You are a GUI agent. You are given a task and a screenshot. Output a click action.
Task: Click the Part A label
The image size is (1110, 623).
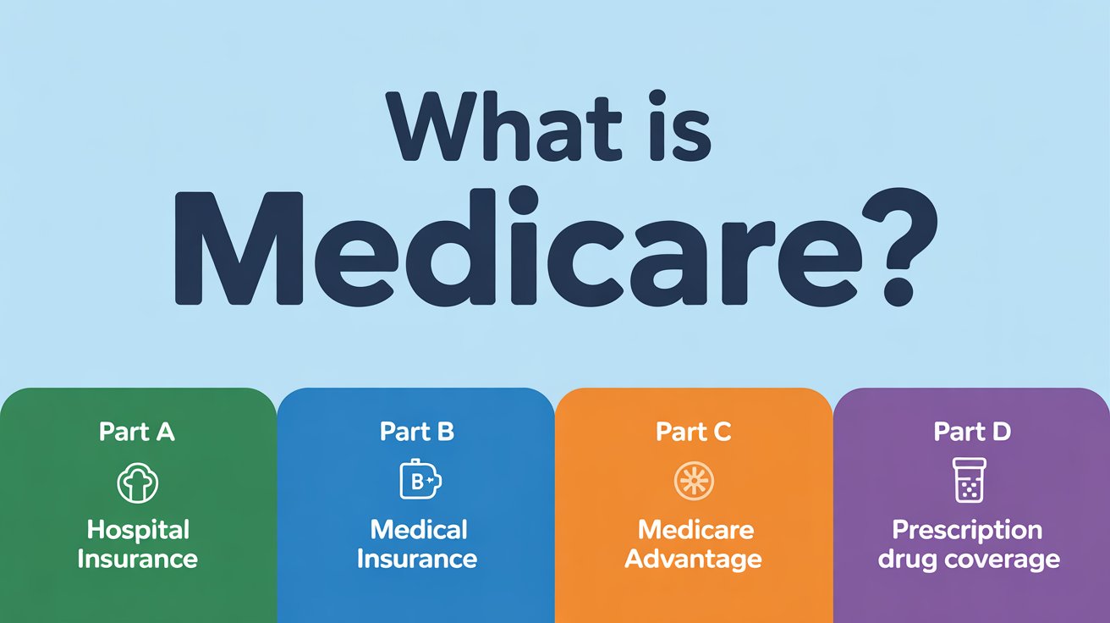pos(137,432)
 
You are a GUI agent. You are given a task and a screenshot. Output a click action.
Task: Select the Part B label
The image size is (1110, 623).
pos(417,432)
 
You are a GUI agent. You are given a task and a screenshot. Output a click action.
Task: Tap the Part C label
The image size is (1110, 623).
pos(693,432)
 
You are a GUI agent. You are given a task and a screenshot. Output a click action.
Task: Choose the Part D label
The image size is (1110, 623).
pos(972,432)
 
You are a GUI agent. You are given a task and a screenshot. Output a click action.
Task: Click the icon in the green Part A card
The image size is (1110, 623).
pos(137,482)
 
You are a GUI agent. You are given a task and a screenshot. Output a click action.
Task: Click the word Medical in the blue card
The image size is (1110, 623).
pos(419,531)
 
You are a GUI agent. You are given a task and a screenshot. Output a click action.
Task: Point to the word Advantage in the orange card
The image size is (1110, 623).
pos(693,560)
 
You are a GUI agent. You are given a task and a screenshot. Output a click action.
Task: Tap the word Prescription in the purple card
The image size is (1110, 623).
pos(967,531)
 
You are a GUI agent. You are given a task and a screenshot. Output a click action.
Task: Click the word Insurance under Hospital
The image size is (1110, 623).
pos(137,560)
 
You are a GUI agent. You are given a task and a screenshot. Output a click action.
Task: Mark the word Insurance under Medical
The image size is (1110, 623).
pos(417,560)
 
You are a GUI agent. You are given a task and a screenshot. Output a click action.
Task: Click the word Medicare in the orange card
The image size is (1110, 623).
pos(695,531)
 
